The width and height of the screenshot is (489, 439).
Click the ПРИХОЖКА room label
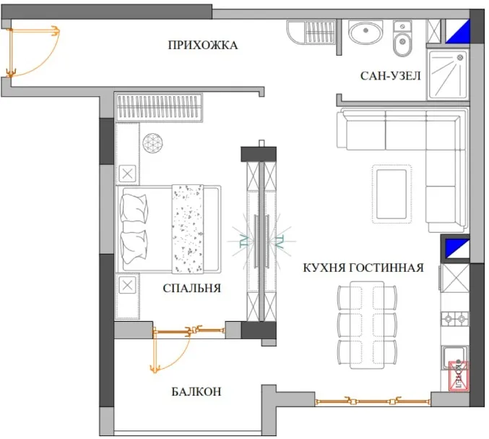(x=203, y=46)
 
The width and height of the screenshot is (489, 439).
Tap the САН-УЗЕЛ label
(x=391, y=76)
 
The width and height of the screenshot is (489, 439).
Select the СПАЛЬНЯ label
(x=192, y=288)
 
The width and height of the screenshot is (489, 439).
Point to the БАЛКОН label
(x=196, y=391)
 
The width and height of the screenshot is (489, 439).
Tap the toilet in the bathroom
(x=402, y=39)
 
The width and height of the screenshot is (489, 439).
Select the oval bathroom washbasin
(x=365, y=32)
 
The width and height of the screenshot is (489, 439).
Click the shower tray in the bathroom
(x=448, y=74)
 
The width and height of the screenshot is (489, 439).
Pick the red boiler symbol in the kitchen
(x=459, y=375)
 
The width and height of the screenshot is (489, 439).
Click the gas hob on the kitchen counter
(x=455, y=319)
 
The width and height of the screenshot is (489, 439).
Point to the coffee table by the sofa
(x=391, y=195)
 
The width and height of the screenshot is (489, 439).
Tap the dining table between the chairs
(x=367, y=325)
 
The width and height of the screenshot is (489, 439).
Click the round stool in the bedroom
(x=153, y=143)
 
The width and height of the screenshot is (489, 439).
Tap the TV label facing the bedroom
(x=243, y=241)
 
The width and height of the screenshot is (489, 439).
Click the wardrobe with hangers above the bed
(x=159, y=106)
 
